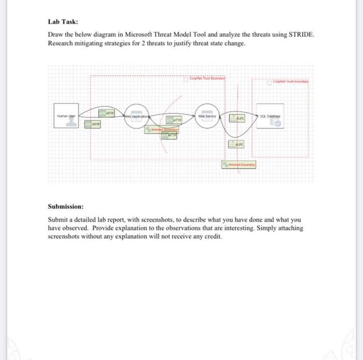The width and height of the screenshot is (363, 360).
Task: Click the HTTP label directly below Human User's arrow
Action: pyautogui.click(x=94, y=125)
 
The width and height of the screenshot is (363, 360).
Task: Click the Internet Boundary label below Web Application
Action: pyautogui.click(x=161, y=129)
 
